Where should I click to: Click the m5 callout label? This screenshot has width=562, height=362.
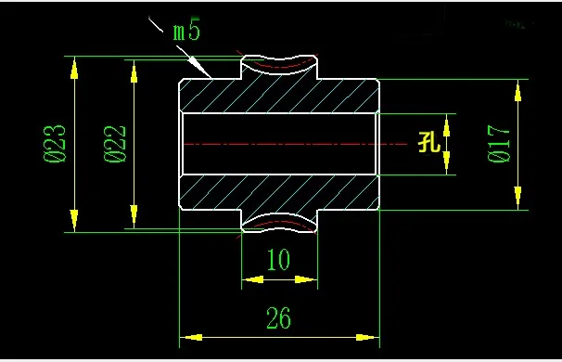(x=186, y=29)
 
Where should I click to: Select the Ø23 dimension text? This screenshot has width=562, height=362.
(x=55, y=144)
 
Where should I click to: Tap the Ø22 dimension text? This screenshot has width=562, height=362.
(x=115, y=144)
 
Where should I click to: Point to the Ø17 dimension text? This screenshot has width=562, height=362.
(x=499, y=144)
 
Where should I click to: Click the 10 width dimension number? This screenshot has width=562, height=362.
(x=279, y=259)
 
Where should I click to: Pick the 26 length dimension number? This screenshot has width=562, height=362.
(x=278, y=317)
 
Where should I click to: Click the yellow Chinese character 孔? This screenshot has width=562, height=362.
(x=429, y=142)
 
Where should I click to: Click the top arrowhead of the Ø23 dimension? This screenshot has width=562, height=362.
(x=74, y=68)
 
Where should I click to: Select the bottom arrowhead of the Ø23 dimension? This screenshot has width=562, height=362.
(x=74, y=221)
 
